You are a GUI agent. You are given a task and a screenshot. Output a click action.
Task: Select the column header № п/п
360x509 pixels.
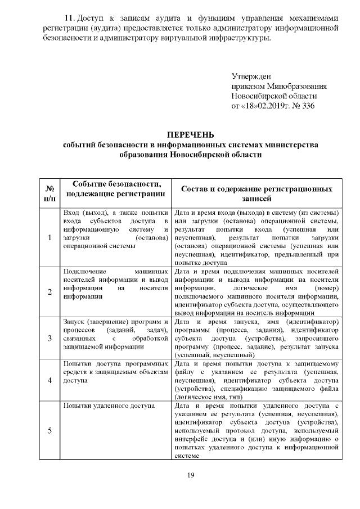tap(49, 193)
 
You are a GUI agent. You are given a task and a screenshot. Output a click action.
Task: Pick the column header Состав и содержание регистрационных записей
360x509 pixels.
tap(256, 193)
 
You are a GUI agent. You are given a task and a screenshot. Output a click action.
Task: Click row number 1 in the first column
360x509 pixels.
tap(49, 237)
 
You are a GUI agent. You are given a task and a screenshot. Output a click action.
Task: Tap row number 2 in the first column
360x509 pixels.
tap(49, 291)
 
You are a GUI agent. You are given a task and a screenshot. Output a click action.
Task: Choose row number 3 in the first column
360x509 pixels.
tap(49, 338)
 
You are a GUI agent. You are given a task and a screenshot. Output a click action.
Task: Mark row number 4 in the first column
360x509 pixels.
tap(49, 380)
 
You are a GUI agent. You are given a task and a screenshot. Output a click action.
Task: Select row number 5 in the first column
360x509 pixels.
tap(49, 431)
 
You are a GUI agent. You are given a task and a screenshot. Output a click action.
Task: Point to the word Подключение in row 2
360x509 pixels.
tap(84, 272)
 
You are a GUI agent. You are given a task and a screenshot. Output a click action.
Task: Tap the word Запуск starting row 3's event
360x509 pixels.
tap(73, 321)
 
